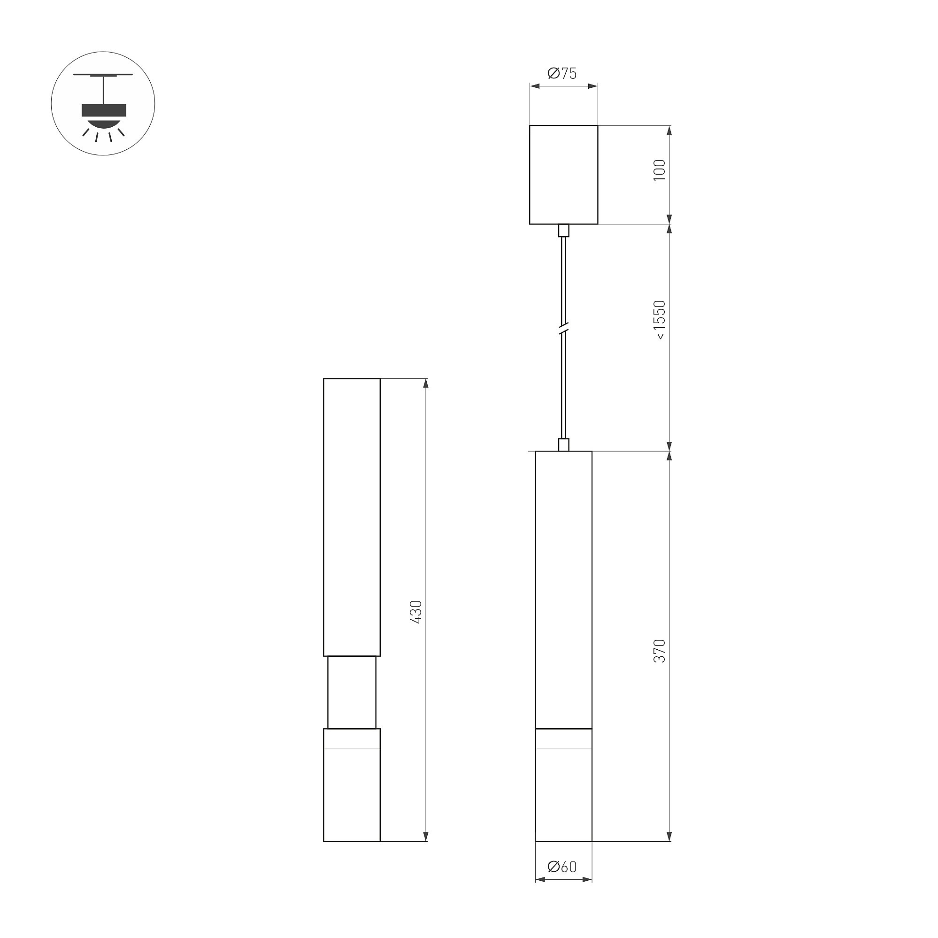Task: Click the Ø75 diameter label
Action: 562,73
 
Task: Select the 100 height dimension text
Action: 659,170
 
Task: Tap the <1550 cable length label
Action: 659,320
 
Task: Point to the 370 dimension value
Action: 659,651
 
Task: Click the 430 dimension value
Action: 416,612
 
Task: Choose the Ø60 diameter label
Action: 562,867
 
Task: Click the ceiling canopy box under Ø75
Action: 564,175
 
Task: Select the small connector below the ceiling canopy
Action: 564,230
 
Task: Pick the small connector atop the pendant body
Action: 564,445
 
